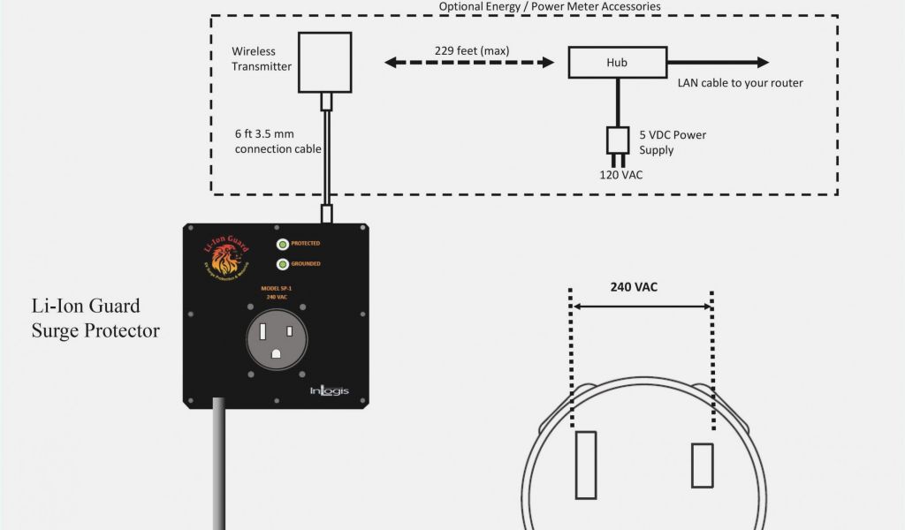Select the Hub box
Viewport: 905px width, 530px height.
pyautogui.click(x=616, y=63)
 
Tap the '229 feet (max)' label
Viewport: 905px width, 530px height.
pyautogui.click(x=471, y=50)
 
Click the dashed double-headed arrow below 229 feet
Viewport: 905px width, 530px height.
pyautogui.click(x=469, y=63)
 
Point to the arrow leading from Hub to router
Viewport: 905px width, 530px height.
pyautogui.click(x=717, y=63)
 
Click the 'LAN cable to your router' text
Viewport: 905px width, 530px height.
pyautogui.click(x=740, y=83)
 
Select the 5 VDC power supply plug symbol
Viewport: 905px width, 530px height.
pyautogui.click(x=616, y=142)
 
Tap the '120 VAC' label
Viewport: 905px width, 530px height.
pyautogui.click(x=620, y=175)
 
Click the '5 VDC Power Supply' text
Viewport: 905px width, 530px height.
pyautogui.click(x=673, y=142)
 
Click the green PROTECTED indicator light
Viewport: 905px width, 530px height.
pyautogui.click(x=282, y=244)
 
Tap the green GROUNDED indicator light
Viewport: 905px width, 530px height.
pyautogui.click(x=282, y=264)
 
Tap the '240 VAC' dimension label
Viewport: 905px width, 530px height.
pyautogui.click(x=634, y=287)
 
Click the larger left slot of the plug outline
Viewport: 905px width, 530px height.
pyautogui.click(x=585, y=460)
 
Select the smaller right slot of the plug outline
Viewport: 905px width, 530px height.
pyautogui.click(x=702, y=466)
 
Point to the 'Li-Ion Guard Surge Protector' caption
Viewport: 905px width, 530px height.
pyautogui.click(x=95, y=319)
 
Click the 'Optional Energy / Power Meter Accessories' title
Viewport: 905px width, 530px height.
pyautogui.click(x=550, y=6)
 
